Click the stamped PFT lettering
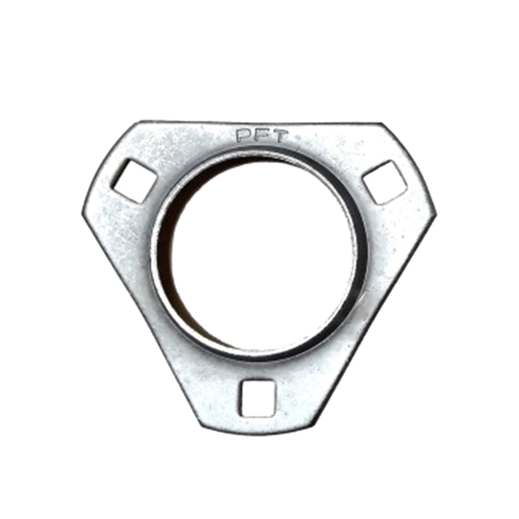262,136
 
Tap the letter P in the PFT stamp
243,135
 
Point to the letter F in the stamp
261,136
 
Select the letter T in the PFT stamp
280,136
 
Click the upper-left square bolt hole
133,181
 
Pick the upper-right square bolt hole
385,182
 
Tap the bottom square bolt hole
258,398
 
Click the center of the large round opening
262,254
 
